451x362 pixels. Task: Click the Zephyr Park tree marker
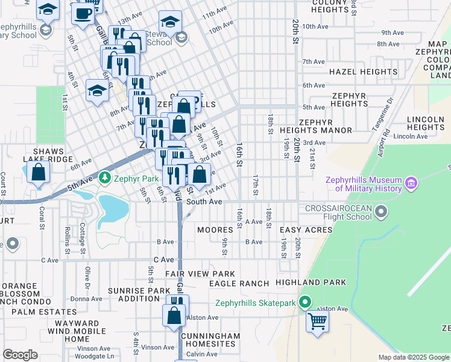tap(106, 177)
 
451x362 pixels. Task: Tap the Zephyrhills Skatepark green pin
tap(306, 302)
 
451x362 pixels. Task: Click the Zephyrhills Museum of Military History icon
tap(412, 182)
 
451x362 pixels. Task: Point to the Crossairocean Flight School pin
tap(381, 211)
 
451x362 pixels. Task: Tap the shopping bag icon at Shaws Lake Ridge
tap(38, 173)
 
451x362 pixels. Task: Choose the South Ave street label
tap(204, 202)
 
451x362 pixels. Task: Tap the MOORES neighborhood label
tap(215, 230)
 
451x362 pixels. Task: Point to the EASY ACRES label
tap(306, 230)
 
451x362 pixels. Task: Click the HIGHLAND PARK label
tap(311, 282)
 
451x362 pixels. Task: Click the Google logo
tap(20, 355)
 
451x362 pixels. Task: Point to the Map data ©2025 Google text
tap(413, 357)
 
